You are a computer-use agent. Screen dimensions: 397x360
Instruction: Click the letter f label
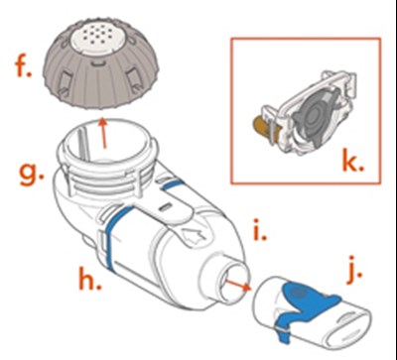[x=23, y=67]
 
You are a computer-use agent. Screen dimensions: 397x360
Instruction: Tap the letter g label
[x=32, y=175]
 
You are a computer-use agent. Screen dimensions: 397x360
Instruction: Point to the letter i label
[x=260, y=229]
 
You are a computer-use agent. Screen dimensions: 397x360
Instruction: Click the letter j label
[x=355, y=274]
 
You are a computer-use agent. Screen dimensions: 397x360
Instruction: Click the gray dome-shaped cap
[x=101, y=63]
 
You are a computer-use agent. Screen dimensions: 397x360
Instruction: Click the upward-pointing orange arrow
[x=103, y=133]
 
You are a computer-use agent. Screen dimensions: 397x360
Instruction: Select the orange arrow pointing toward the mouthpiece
[x=237, y=285]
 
